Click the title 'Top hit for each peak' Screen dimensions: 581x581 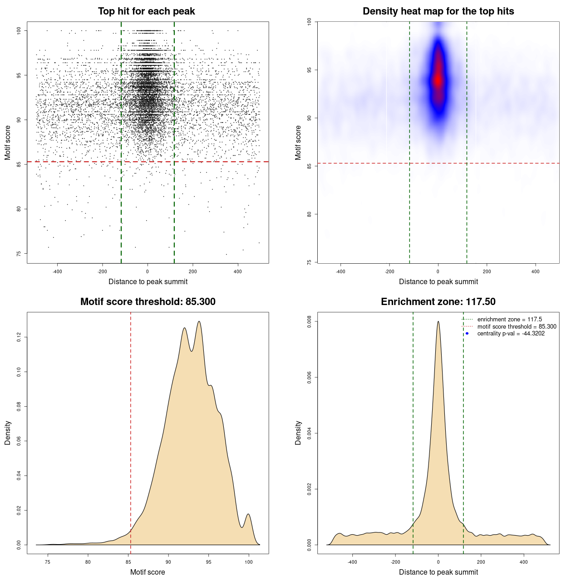coord(147,11)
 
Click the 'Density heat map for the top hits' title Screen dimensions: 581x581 coord(438,11)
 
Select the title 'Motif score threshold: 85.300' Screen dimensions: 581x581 coord(148,302)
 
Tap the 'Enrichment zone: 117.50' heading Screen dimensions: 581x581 coord(438,302)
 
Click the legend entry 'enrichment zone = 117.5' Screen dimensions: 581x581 coord(509,320)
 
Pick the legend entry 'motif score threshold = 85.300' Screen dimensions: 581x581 coord(517,327)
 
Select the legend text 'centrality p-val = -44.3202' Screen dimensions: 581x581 coord(511,334)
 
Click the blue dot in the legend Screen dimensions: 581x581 coord(467,334)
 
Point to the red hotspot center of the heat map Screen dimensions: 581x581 coord(438,80)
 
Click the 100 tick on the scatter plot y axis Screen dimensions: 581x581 coord(19,30)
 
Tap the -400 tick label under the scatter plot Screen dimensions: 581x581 coord(57,271)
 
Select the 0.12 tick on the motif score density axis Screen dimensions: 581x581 coord(19,337)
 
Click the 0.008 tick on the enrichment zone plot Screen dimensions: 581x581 coord(310,321)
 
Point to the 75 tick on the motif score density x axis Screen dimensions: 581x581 coord(48,562)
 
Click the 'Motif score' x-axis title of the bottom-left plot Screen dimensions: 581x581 coord(148,572)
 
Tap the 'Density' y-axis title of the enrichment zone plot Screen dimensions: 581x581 coord(298,433)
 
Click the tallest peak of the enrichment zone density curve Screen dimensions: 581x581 coord(438,322)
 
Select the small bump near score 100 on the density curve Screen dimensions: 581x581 coord(248,514)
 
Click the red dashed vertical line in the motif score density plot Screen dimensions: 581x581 coord(131,431)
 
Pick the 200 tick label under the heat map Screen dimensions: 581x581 coord(487,271)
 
